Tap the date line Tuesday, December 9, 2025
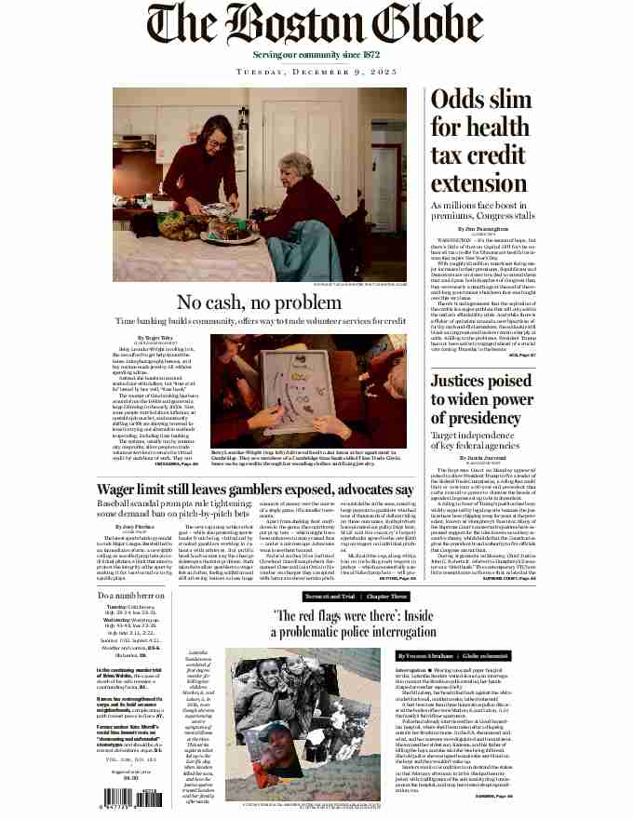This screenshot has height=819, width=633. [x=316, y=71]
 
